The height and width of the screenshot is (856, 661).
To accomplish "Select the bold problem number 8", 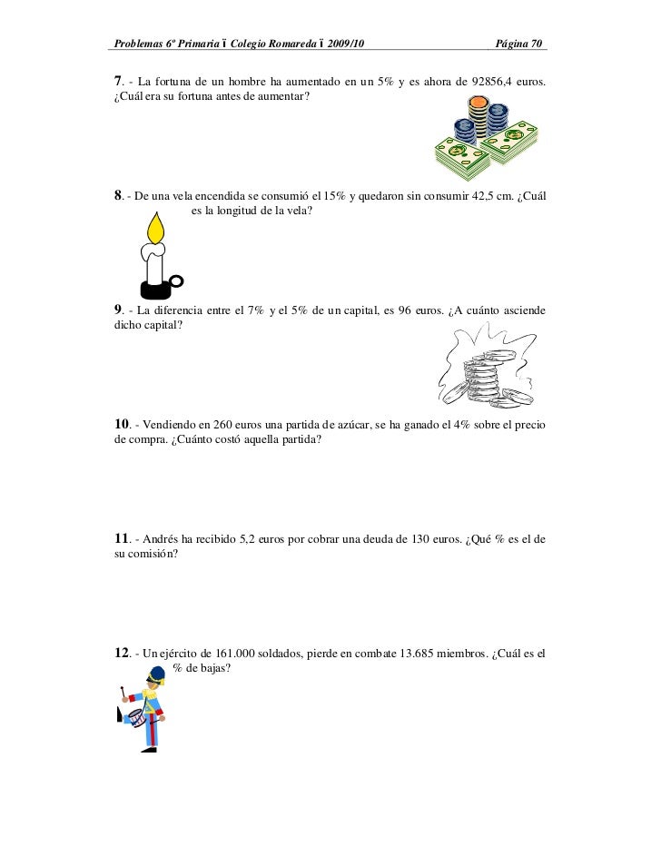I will point(118,197).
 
